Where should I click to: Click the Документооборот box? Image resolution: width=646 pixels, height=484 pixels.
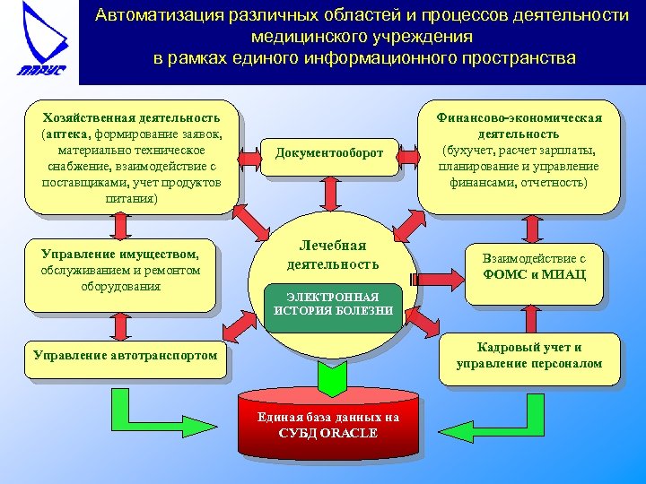[328, 153]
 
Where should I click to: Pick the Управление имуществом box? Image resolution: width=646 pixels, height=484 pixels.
[121, 272]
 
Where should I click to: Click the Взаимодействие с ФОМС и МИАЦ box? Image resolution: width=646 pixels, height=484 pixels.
[534, 266]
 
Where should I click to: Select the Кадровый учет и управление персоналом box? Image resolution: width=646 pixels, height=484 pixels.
[528, 356]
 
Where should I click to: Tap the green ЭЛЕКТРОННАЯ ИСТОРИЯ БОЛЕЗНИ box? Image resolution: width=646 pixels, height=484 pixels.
[333, 304]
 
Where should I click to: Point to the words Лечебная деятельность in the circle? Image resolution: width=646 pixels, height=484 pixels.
[333, 255]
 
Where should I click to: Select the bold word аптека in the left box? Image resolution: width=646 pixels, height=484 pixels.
[64, 134]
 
